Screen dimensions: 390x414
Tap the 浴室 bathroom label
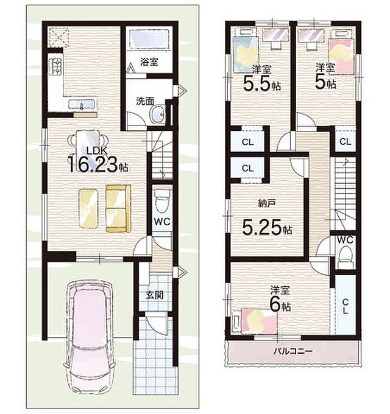[149, 62]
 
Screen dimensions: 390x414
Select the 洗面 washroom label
[145, 102]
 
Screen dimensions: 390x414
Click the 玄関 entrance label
[155, 295]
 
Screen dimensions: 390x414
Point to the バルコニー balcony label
[293, 351]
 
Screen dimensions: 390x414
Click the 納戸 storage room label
[267, 203]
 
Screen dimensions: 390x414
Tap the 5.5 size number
[257, 83]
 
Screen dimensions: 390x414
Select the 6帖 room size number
[280, 306]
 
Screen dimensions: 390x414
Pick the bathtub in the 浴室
[149, 38]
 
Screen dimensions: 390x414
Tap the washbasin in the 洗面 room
[157, 115]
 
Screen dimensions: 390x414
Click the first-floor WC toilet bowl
[161, 201]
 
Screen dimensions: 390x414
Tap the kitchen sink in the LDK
[82, 105]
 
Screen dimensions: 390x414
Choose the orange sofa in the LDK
[118, 209]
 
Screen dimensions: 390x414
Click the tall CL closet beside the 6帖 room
[346, 304]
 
